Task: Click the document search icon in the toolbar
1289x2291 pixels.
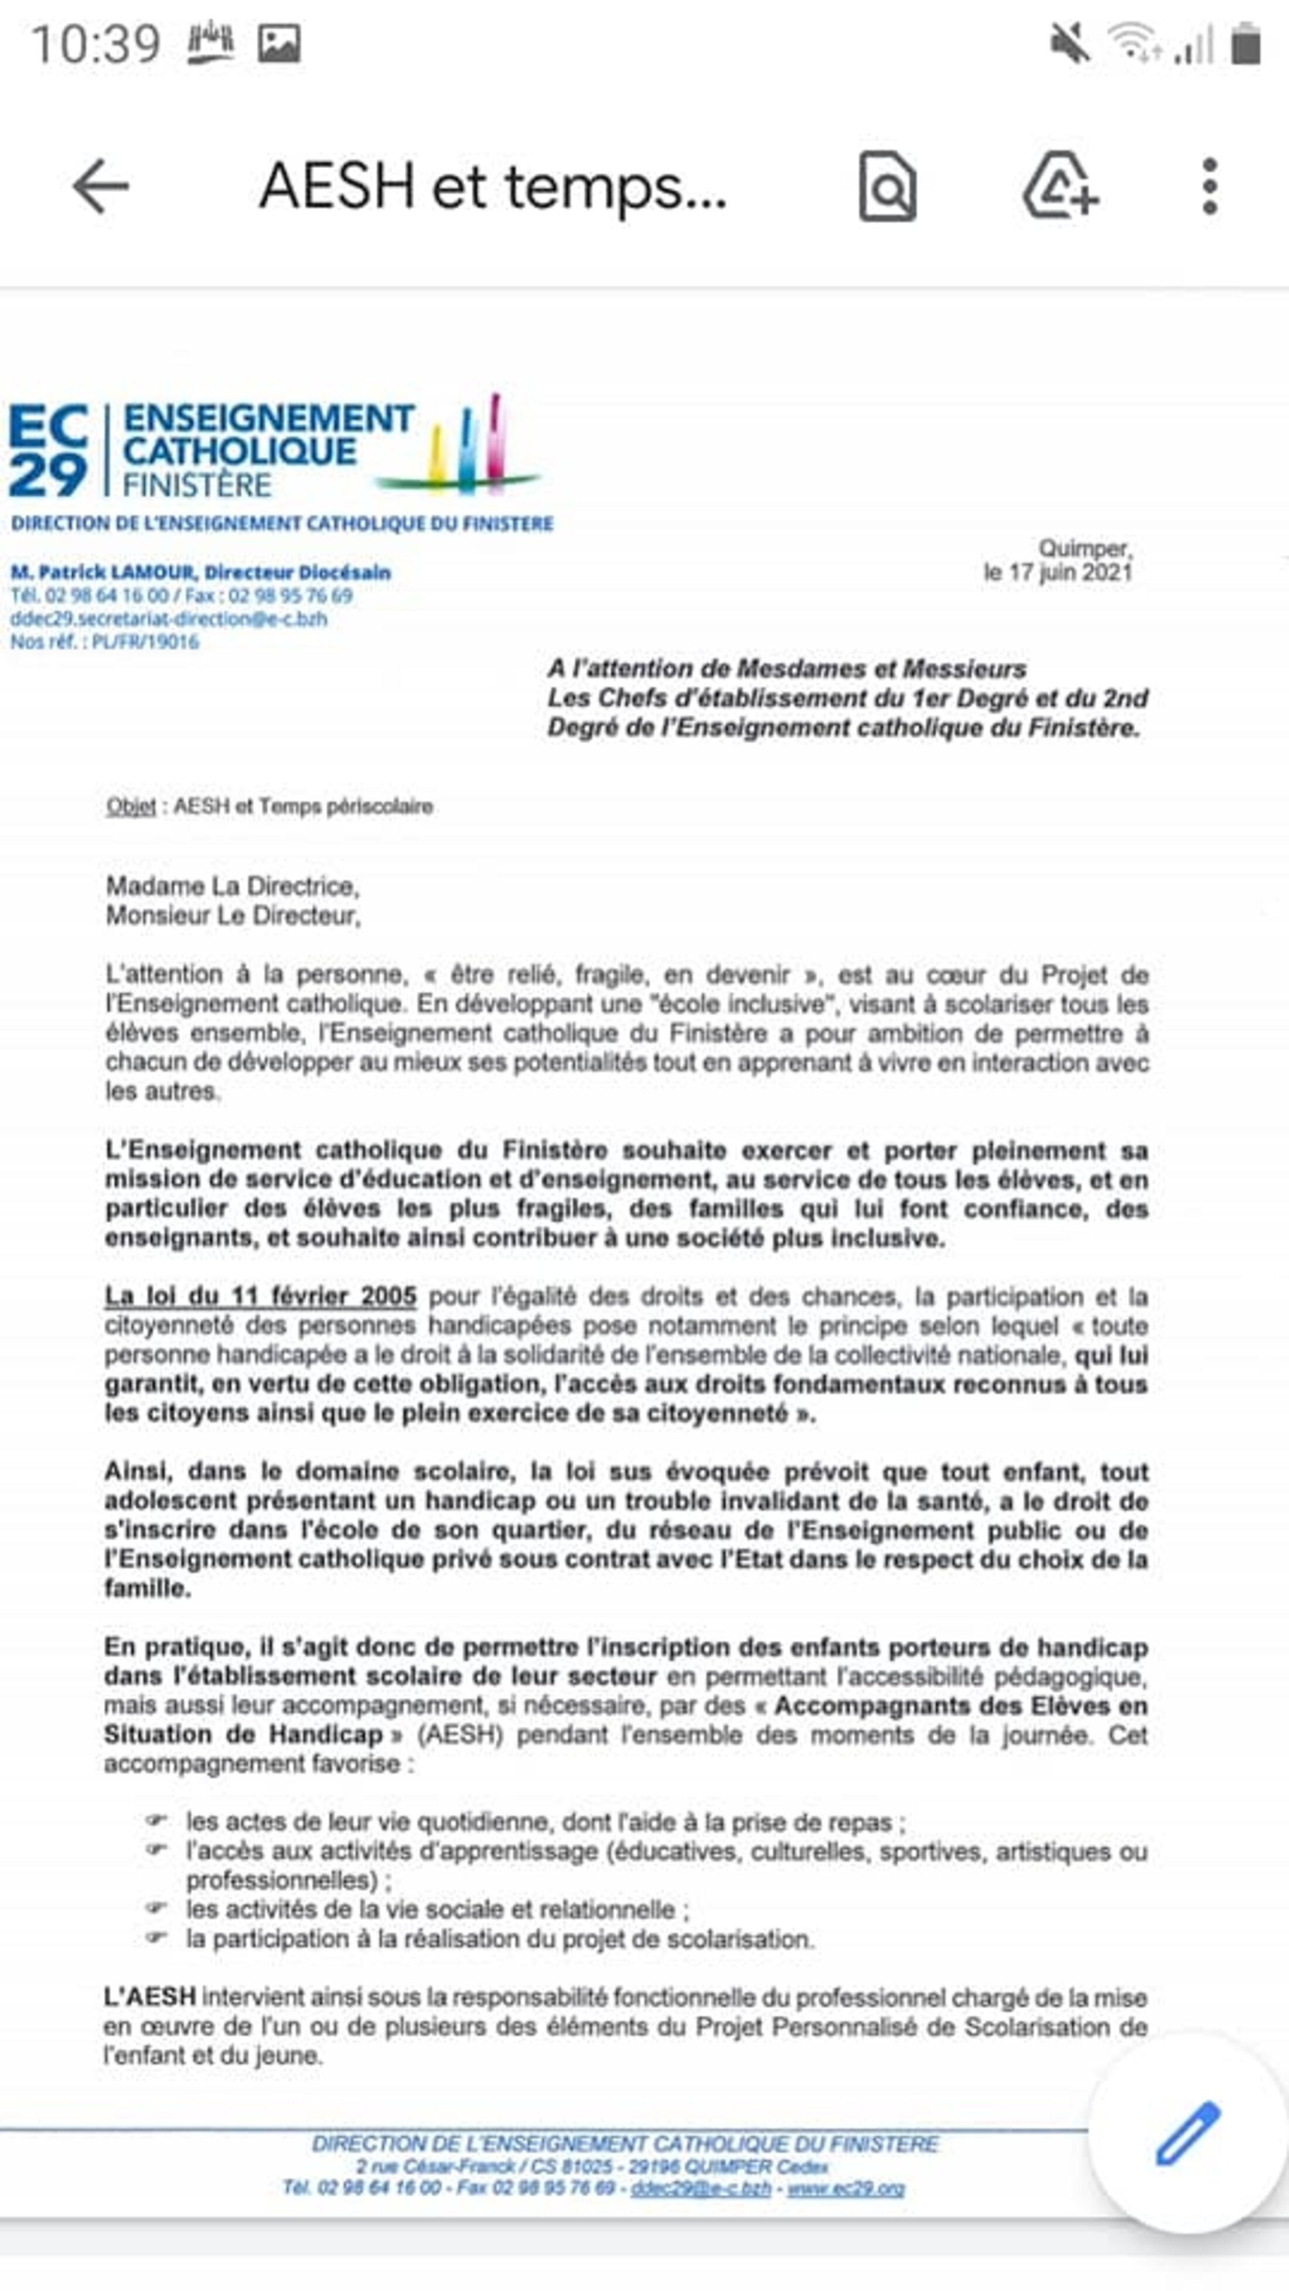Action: tap(887, 187)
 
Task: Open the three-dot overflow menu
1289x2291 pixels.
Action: tap(1209, 187)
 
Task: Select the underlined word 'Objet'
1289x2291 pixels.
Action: tap(131, 807)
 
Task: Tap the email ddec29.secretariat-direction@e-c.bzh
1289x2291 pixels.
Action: tap(169, 619)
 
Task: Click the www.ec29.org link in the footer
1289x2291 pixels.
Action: tap(845, 2188)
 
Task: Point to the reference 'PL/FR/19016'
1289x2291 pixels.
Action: tap(145, 642)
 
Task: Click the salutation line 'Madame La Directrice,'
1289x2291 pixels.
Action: tap(232, 886)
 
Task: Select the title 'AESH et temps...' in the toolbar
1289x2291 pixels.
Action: tap(493, 187)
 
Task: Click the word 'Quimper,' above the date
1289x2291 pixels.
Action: tap(1085, 549)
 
